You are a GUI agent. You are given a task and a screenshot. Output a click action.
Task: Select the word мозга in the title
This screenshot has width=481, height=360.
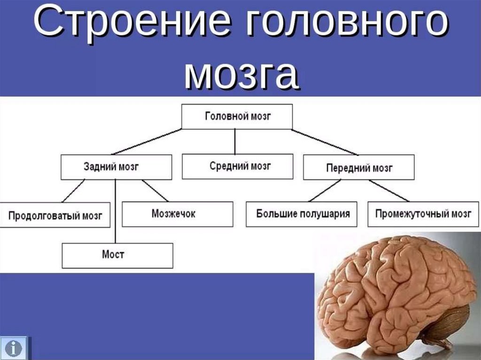point(241,75)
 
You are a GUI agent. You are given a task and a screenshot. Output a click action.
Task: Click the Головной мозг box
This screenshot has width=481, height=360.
point(237,116)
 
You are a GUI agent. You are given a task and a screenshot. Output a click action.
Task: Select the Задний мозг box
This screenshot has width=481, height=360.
point(116,167)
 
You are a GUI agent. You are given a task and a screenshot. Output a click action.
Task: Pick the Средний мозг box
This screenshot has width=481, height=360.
point(237,166)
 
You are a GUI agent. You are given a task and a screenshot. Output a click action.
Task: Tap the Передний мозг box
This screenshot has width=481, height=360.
point(358,167)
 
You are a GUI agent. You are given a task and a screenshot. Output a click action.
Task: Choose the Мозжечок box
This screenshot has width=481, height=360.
point(177,214)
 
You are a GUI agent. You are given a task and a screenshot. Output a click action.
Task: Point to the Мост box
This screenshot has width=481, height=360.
point(117,255)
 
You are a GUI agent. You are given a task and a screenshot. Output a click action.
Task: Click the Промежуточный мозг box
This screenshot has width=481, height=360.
point(423,214)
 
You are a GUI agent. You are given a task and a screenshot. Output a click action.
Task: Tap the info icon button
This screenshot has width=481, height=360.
point(16,348)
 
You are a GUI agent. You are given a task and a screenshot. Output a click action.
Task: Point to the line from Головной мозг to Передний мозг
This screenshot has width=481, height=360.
point(325,141)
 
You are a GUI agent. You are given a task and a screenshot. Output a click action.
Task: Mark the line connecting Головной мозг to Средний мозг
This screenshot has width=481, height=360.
point(235,141)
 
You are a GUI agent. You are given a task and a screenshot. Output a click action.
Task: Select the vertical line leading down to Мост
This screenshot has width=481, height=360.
point(116,211)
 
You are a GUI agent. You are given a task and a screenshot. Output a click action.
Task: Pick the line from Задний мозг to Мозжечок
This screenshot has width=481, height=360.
point(155,191)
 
